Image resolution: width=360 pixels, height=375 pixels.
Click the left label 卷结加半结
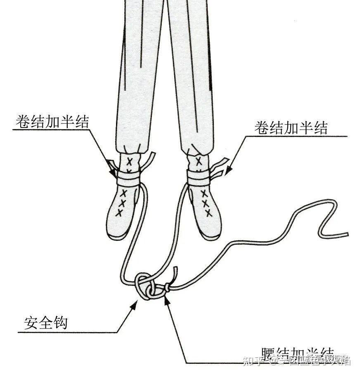point(52,122)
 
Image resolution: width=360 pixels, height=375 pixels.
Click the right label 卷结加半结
point(291,128)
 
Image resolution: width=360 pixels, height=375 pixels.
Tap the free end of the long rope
point(346,235)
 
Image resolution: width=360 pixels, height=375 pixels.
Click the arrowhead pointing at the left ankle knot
point(113,173)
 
